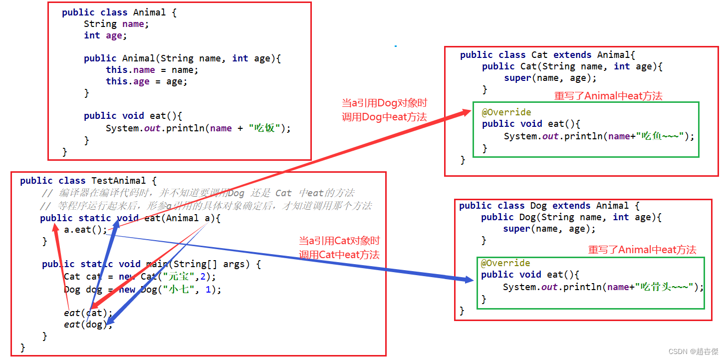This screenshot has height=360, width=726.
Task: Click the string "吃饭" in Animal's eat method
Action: pyautogui.click(x=264, y=128)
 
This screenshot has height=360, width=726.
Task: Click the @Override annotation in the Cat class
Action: pyautogui.click(x=506, y=112)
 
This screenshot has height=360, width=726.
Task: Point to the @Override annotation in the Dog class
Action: pyautogui.click(x=505, y=263)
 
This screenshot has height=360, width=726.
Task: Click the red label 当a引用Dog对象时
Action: pyautogui.click(x=384, y=103)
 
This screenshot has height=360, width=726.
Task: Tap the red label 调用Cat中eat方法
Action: pyautogui.click(x=339, y=255)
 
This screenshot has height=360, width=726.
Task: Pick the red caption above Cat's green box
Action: pyautogui.click(x=608, y=96)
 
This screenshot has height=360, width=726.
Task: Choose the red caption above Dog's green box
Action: pyautogui.click(x=642, y=250)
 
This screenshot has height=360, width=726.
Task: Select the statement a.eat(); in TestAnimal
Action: pyautogui.click(x=85, y=230)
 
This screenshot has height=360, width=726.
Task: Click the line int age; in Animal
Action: pyautogui.click(x=105, y=35)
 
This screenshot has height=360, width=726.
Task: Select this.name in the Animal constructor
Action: pyautogui.click(x=130, y=70)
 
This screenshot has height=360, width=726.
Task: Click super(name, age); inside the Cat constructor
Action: pyautogui.click(x=550, y=78)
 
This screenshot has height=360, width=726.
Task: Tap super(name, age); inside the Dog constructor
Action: pyautogui.click(x=549, y=229)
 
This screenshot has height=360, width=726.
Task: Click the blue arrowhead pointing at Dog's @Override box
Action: pyautogui.click(x=468, y=280)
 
